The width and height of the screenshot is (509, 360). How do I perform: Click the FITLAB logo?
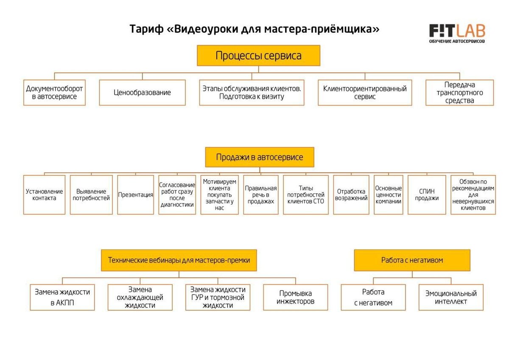(457, 33)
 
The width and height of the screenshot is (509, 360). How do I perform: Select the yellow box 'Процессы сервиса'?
(258, 56)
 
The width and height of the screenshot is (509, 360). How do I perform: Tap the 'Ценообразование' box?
(142, 92)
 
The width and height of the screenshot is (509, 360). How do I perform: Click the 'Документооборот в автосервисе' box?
(54, 92)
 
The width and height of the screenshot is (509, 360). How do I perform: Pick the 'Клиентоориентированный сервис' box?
(365, 92)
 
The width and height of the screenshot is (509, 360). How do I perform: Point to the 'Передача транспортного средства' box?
(459, 92)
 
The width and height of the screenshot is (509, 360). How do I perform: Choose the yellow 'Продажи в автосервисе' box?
(260, 157)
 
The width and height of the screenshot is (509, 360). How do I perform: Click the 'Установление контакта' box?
(44, 195)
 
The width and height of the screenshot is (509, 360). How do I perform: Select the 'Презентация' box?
(135, 195)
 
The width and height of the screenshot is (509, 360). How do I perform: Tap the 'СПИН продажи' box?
(427, 195)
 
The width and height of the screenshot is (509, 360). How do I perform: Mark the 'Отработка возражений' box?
(351, 195)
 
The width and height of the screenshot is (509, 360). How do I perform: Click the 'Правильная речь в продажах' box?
(260, 195)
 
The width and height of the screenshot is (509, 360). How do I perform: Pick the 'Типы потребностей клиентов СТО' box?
(305, 195)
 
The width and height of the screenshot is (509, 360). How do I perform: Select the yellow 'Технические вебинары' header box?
(179, 260)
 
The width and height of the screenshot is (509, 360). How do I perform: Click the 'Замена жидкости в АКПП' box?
(62, 297)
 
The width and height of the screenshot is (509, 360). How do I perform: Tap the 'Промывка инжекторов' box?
(295, 297)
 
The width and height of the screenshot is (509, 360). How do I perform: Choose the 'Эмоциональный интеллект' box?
(451, 297)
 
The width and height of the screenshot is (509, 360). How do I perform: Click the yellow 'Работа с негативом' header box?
(412, 260)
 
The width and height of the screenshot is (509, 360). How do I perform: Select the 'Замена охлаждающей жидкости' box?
(140, 297)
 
